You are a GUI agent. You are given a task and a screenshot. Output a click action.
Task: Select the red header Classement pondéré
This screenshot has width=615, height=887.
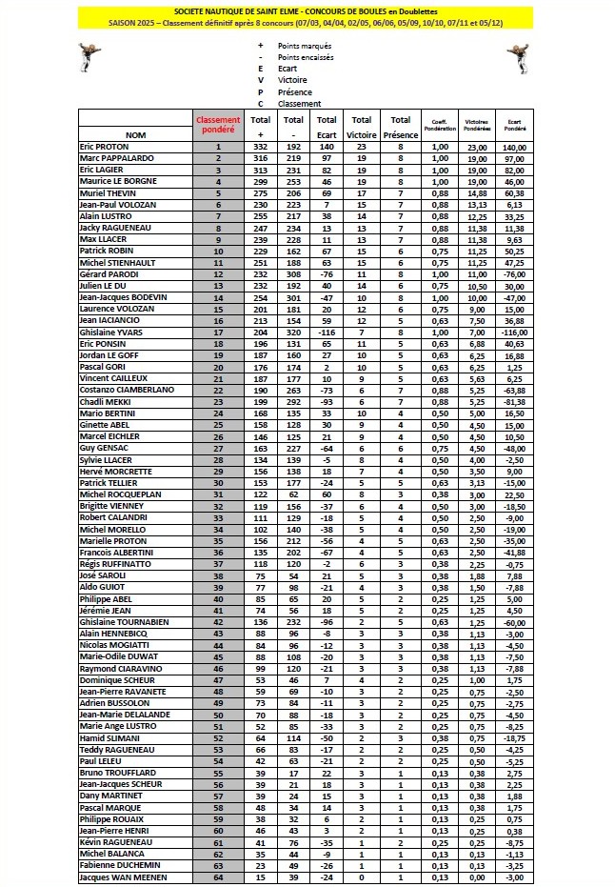(x=218, y=125)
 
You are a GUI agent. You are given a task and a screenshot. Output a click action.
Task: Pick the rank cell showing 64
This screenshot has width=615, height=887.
(x=218, y=877)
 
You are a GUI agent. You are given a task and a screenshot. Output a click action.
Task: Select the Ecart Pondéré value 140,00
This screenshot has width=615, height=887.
(x=516, y=147)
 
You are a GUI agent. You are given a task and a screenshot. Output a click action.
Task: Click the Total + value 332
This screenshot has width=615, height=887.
(x=260, y=147)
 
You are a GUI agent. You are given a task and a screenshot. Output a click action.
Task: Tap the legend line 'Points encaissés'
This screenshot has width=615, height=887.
(x=305, y=57)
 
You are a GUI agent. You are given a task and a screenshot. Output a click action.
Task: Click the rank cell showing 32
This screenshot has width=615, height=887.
(x=218, y=507)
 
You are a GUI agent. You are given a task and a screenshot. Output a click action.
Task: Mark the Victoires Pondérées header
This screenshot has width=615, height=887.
(x=477, y=125)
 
